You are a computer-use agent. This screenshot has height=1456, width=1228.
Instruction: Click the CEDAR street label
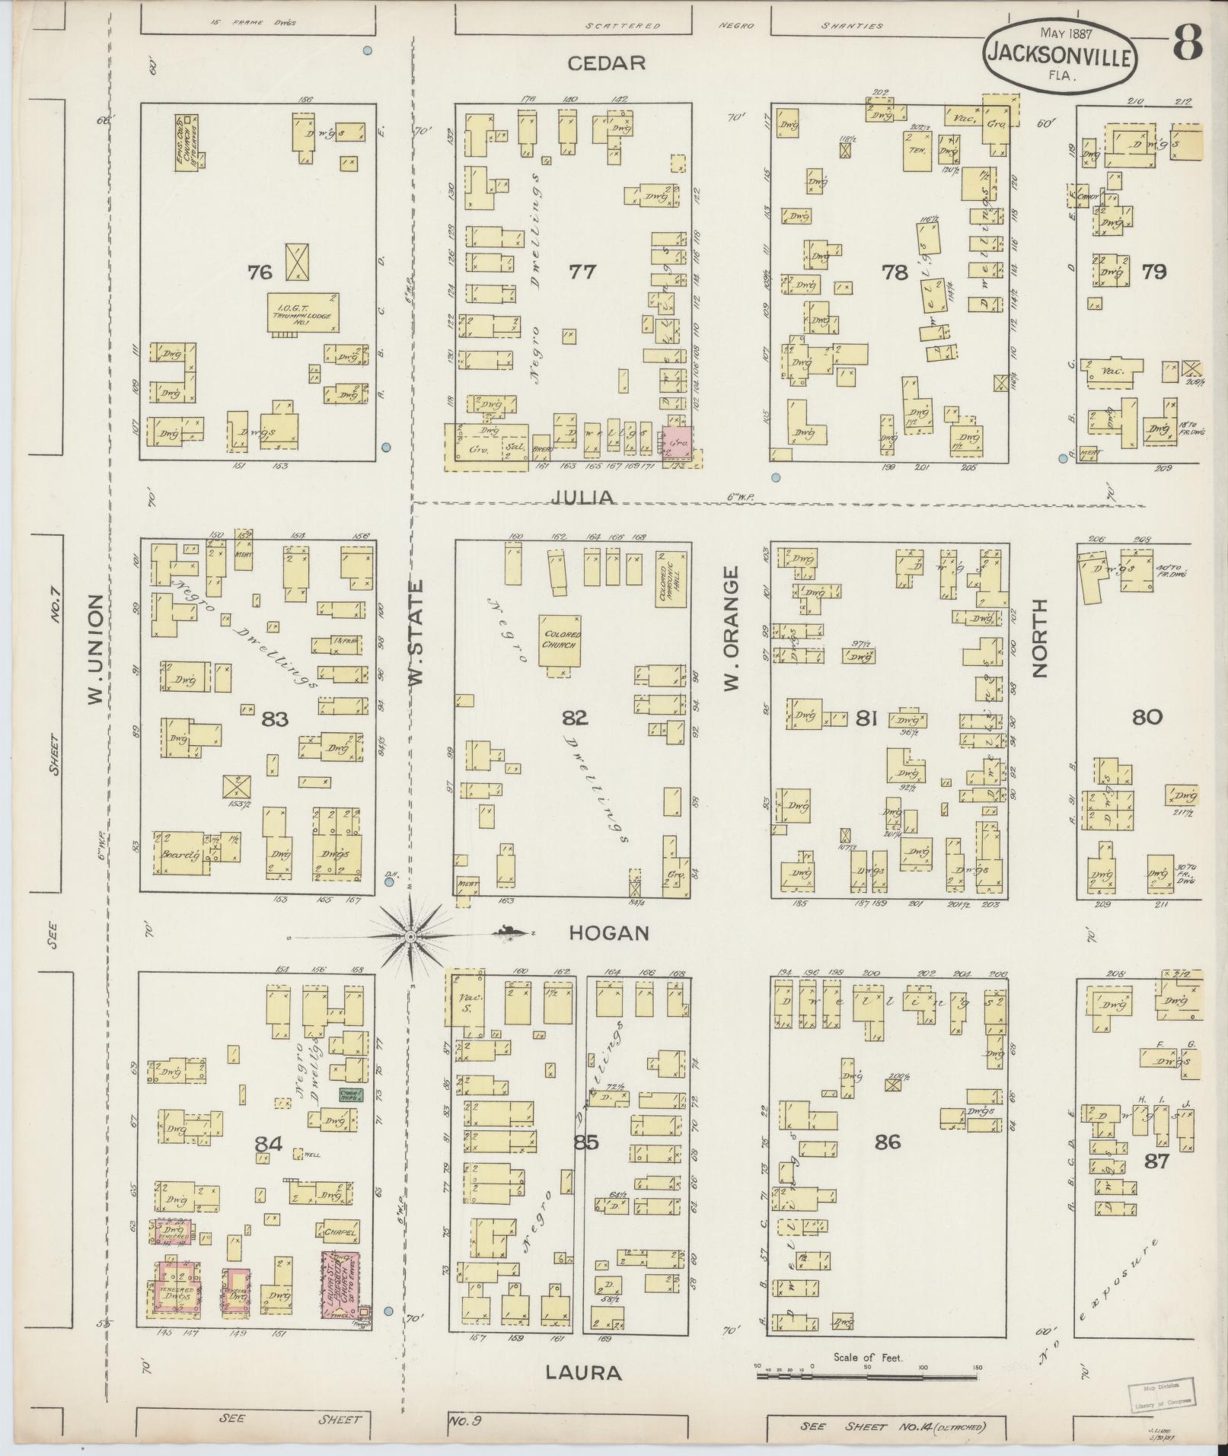(x=607, y=63)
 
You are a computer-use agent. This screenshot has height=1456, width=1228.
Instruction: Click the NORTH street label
(x=1039, y=638)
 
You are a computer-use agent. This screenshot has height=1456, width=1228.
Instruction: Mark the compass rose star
(x=411, y=935)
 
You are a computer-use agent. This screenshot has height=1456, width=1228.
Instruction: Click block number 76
(x=260, y=272)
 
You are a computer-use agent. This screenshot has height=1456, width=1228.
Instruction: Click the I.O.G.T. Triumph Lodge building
(x=302, y=311)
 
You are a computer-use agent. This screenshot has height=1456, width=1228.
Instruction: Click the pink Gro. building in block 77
(x=676, y=441)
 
